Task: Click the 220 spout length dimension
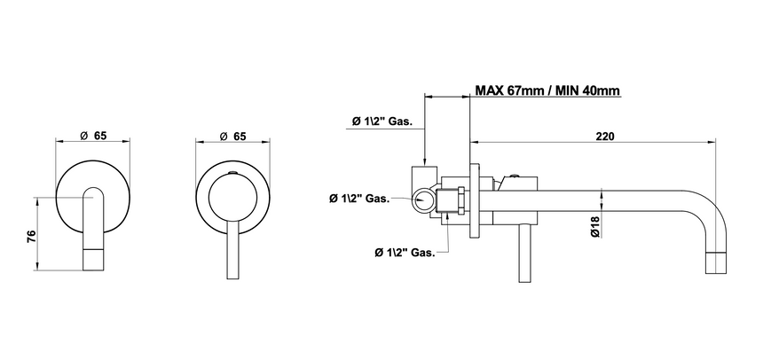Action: [605, 137]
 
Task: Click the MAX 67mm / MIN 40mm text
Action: [547, 90]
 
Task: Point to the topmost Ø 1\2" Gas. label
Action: [382, 121]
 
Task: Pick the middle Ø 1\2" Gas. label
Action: [359, 199]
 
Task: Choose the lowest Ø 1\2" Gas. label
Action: [405, 253]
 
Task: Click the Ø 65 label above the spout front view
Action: [93, 136]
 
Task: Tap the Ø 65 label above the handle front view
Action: [232, 137]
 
